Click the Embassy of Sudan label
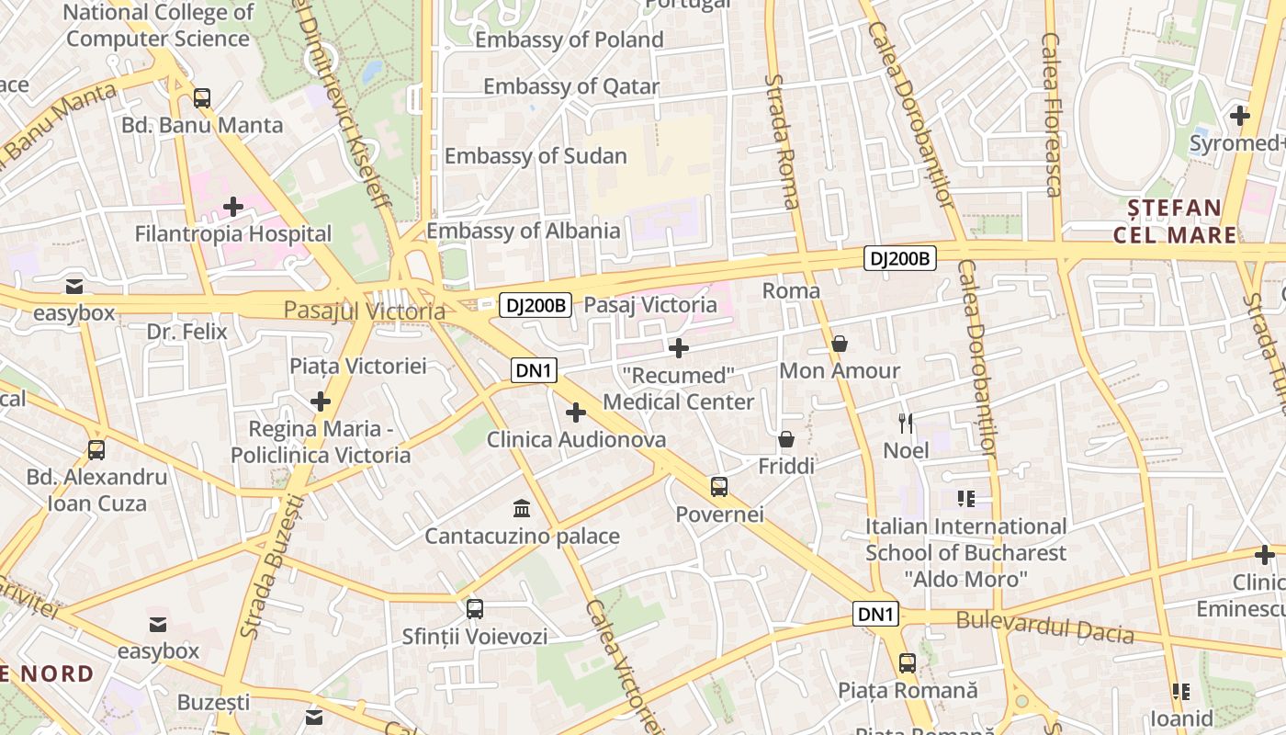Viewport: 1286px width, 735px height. [536, 156]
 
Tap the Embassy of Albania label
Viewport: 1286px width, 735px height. [523, 231]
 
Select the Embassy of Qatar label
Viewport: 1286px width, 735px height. [571, 87]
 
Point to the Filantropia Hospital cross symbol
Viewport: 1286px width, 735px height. [233, 207]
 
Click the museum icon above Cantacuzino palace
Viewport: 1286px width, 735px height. [523, 508]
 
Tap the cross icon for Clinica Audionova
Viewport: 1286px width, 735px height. [576, 413]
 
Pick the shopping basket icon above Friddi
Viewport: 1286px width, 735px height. [786, 439]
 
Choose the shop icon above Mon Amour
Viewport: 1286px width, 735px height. [840, 344]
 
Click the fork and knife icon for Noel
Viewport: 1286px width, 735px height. [907, 423]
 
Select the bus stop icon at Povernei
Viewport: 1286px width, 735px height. [719, 487]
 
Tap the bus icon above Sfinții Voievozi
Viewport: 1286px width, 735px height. [475, 608]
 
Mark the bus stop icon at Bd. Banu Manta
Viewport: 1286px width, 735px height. [202, 97]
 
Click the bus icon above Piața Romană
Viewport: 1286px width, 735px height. [908, 662]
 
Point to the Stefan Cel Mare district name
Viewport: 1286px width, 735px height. [1175, 220]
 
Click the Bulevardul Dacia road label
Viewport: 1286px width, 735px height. [1044, 628]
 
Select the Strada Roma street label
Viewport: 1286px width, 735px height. [782, 141]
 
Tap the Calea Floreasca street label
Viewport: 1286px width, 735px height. [1052, 115]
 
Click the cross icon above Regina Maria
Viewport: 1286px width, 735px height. [321, 401]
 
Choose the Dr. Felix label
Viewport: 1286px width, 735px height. [186, 331]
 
